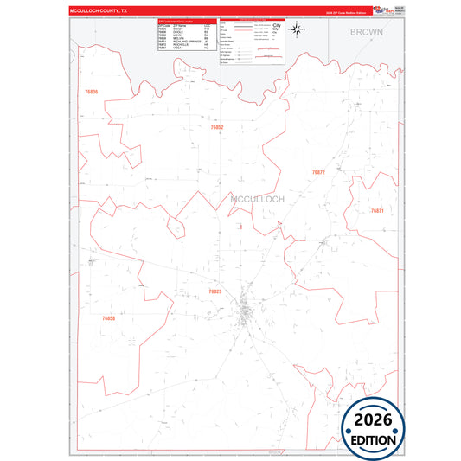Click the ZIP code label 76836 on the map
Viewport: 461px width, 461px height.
[x=92, y=92]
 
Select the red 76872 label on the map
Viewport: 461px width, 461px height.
[x=318, y=173]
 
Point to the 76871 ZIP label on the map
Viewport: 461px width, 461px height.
[x=377, y=211]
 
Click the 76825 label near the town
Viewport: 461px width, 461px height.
[x=214, y=292]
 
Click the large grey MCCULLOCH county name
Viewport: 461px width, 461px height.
[x=258, y=199]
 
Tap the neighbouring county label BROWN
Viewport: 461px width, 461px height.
[x=366, y=31]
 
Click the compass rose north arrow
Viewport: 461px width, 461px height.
[x=297, y=31]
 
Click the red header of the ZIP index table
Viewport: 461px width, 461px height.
[x=187, y=21]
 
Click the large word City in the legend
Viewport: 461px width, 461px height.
[x=277, y=26]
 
